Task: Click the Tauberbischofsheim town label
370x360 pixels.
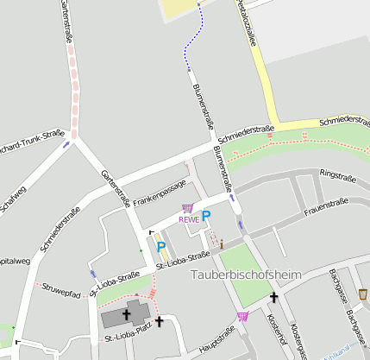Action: [244, 275]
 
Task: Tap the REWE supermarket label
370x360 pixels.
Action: [189, 219]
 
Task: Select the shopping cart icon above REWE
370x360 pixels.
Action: [188, 208]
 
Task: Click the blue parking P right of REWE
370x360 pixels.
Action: [206, 216]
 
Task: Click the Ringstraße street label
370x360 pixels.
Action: [336, 174]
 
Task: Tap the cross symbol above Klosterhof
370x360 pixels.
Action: [273, 298]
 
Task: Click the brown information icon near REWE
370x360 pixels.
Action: [223, 244]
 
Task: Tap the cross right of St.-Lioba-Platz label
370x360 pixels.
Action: [159, 321]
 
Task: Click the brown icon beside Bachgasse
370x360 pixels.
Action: [363, 294]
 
